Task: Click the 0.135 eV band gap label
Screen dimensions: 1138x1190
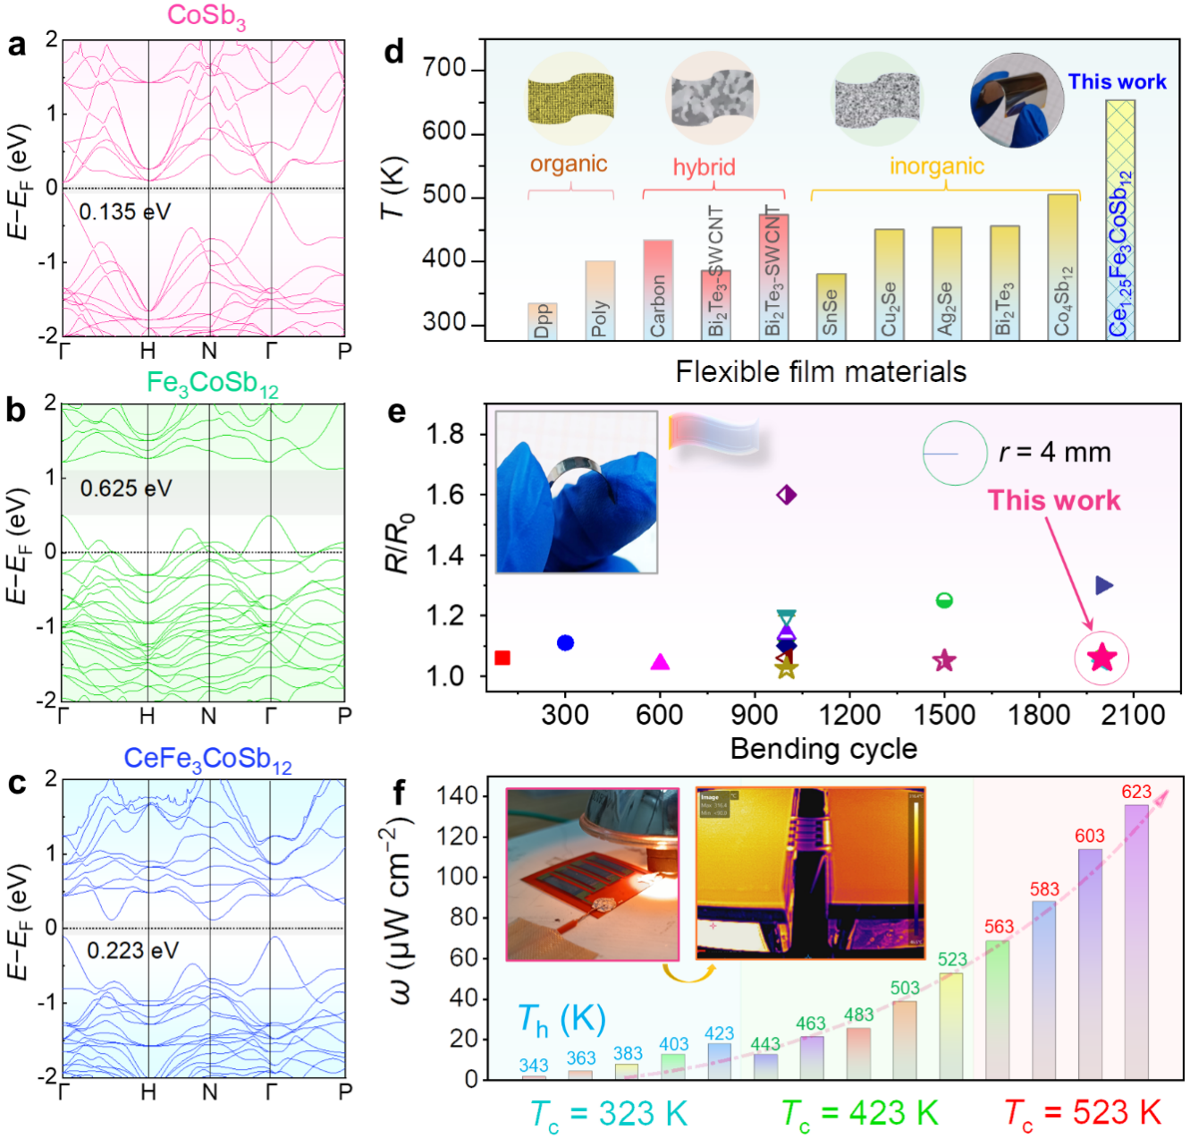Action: [x=124, y=212]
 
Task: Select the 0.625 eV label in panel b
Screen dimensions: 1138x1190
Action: [x=125, y=488]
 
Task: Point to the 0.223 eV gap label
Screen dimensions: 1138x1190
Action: [x=132, y=950]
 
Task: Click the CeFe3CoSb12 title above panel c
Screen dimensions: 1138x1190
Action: [x=207, y=760]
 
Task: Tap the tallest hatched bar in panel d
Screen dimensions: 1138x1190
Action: [x=1120, y=219]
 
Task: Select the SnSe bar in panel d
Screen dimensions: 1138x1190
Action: [x=831, y=307]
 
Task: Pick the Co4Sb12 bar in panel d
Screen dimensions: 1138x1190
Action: [x=1062, y=267]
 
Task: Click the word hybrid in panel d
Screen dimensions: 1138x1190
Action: [x=704, y=167]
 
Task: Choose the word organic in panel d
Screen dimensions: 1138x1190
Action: [x=569, y=164]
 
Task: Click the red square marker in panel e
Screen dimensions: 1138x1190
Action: [x=502, y=658]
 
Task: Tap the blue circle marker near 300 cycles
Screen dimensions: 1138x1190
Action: [x=565, y=643]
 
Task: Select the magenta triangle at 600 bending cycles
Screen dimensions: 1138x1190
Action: [x=660, y=662]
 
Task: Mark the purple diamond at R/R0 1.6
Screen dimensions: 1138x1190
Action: [x=786, y=495]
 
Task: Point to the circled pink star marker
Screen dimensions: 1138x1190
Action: [x=1101, y=658]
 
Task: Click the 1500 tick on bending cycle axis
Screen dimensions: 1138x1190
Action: [x=944, y=715]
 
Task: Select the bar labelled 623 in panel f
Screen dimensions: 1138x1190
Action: [x=1136, y=941]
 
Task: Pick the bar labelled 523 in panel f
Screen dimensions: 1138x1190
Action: [x=951, y=1025]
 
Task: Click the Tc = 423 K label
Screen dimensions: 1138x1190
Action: [x=860, y=1114]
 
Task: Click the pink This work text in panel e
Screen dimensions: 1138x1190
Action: [x=1054, y=500]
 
